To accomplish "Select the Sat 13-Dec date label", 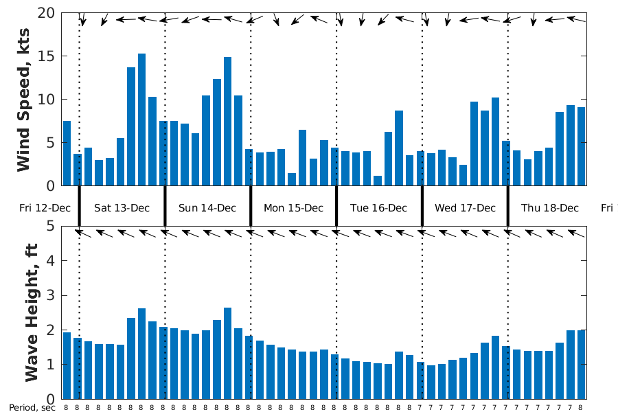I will [x=122, y=208].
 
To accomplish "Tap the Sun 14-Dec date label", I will [x=207, y=208].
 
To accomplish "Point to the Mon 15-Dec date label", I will [x=293, y=208].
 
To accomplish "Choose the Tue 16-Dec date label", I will [x=378, y=208].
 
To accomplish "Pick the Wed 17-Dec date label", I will [x=465, y=208].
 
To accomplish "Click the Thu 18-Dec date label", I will [x=550, y=208].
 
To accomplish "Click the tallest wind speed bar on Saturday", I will [x=141, y=119].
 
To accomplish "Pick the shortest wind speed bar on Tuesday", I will [x=378, y=181].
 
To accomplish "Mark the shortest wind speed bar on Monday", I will [x=292, y=179].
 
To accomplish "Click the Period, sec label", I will [x=32, y=407].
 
